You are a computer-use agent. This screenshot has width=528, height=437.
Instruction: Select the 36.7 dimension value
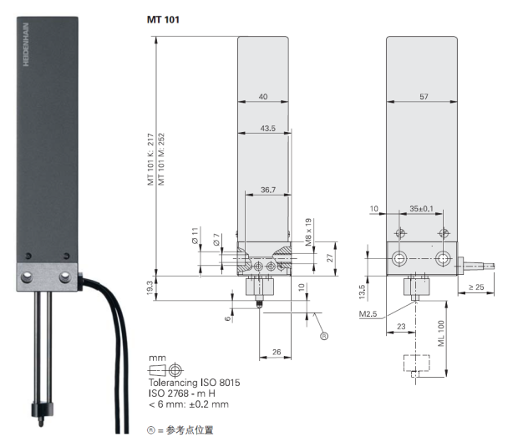coord(267,190)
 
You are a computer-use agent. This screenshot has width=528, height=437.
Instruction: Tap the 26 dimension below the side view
coord(276,353)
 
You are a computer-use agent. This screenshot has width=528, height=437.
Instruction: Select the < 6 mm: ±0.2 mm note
coord(187,404)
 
